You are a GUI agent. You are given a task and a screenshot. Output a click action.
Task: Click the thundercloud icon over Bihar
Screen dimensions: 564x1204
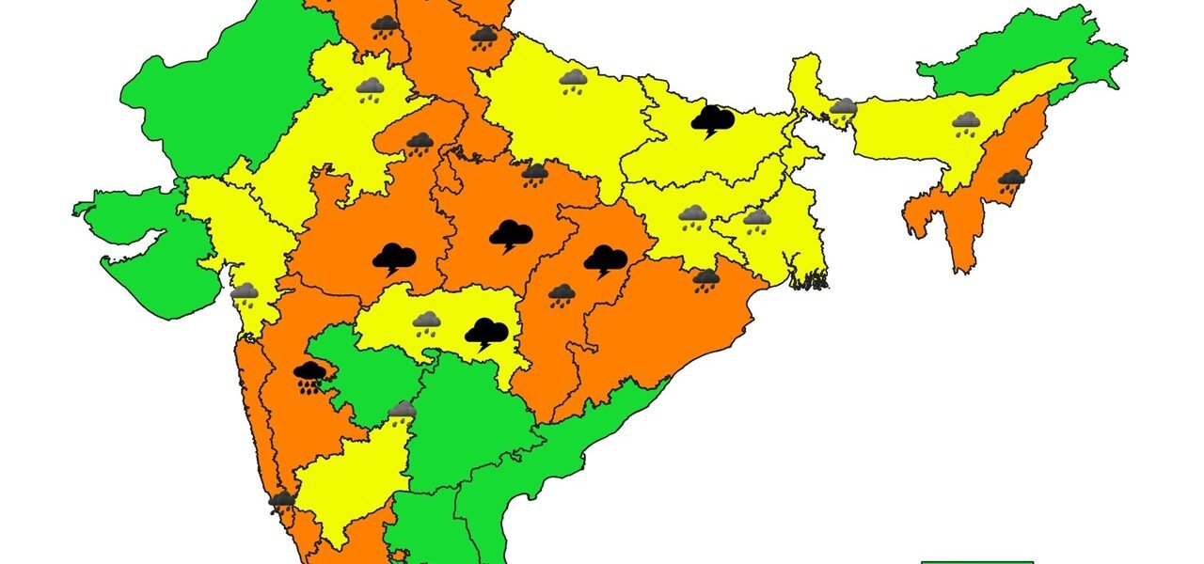click(x=712, y=120)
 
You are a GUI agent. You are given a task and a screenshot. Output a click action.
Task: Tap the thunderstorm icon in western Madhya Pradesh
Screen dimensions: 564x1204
click(x=394, y=257)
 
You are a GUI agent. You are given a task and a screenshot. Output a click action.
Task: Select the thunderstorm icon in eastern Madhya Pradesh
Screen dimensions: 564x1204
click(x=511, y=235)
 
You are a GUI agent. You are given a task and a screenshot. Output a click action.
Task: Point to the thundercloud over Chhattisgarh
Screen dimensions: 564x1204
click(x=605, y=259)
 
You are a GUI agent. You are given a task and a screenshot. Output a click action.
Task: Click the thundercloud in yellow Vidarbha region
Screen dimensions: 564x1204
click(x=485, y=333)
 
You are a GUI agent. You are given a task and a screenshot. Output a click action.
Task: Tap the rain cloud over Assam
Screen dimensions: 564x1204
click(x=965, y=123)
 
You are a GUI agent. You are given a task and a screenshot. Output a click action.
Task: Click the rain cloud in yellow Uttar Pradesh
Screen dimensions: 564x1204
click(x=573, y=82)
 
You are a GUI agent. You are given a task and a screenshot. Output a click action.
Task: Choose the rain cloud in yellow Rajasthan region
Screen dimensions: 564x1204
click(x=370, y=90)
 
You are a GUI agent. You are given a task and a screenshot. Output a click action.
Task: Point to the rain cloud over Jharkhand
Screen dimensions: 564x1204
click(x=692, y=217)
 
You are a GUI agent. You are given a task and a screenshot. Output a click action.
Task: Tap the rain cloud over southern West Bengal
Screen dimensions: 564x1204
click(x=757, y=221)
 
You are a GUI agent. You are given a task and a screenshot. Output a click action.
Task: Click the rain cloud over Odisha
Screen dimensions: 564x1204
click(x=705, y=279)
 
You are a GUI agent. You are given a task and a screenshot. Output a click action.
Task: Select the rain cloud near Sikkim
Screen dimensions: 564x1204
click(x=843, y=109)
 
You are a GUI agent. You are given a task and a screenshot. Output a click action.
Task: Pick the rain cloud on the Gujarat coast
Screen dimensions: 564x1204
click(x=245, y=294)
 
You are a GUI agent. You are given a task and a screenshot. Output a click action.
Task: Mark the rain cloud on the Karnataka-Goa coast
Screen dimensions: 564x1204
click(x=280, y=502)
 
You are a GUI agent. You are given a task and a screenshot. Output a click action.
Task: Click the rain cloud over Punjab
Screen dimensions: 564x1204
click(x=384, y=26)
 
